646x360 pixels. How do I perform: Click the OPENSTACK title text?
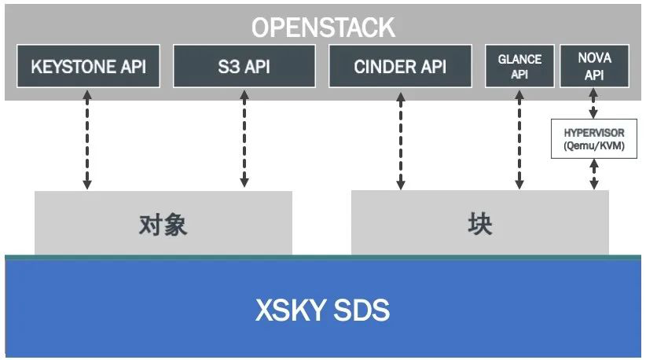323,28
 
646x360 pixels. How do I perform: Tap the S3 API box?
244,66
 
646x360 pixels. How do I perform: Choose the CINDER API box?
400,66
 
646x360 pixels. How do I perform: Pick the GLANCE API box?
519,66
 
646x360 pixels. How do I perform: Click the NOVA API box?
594,66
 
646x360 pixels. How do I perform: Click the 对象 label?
163,226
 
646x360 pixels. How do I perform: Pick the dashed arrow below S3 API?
244,138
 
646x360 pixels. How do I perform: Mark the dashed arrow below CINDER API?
400,140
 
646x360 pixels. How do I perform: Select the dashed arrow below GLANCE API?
519,140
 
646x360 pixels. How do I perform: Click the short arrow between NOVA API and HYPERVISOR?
594,104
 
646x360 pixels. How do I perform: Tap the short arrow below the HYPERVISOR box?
594,174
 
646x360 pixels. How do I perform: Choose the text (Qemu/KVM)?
594,145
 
